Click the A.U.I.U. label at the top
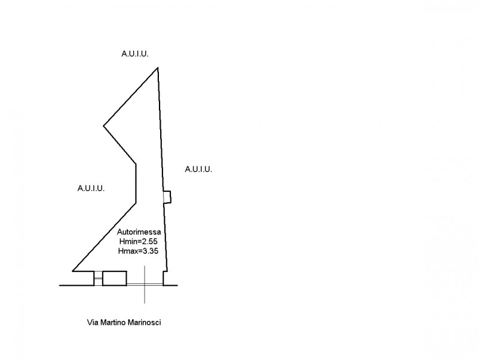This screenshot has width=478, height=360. tap(134, 54)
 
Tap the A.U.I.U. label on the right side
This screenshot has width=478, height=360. tap(198, 169)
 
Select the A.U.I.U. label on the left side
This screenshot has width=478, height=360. tap(91, 188)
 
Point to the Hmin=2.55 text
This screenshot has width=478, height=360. tap(138, 242)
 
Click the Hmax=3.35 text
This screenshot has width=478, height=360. tap(138, 251)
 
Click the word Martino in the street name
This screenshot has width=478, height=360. tap(113, 322)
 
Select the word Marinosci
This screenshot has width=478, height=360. tap(145, 322)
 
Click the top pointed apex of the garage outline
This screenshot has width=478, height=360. tap(158, 68)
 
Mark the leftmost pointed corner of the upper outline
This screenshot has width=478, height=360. tap(104, 126)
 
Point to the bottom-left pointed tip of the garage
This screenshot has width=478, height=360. tap(73, 271)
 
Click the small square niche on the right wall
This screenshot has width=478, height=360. tap(168, 197)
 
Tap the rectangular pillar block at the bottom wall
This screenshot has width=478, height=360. tap(114, 278)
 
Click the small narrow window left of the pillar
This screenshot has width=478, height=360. tap(98, 278)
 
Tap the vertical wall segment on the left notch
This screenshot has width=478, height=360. tap(137, 182)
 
